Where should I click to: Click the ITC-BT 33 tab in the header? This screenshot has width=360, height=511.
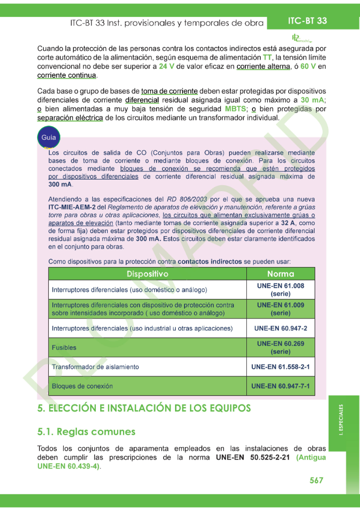pyautogui.click(x=308, y=21)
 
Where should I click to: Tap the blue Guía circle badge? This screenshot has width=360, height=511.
pyautogui.click(x=48, y=137)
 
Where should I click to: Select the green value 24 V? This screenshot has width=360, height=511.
pyautogui.click(x=166, y=66)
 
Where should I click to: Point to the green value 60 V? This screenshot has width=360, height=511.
pyautogui.click(x=308, y=66)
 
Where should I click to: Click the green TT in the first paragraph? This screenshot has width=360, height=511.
pyautogui.click(x=267, y=57)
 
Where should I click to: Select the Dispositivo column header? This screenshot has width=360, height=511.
pyautogui.click(x=147, y=274)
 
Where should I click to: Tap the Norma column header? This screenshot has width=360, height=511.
pyautogui.click(x=281, y=274)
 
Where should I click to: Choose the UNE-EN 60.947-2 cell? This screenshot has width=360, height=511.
pyautogui.click(x=281, y=328)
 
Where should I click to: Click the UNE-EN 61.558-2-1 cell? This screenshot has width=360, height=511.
pyautogui.click(x=281, y=367)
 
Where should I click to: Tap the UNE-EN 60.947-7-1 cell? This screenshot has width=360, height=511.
pyautogui.click(x=281, y=386)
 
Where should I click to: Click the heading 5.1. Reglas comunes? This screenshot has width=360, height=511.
pyautogui.click(x=86, y=432)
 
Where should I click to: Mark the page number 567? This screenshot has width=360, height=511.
pyautogui.click(x=316, y=481)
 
